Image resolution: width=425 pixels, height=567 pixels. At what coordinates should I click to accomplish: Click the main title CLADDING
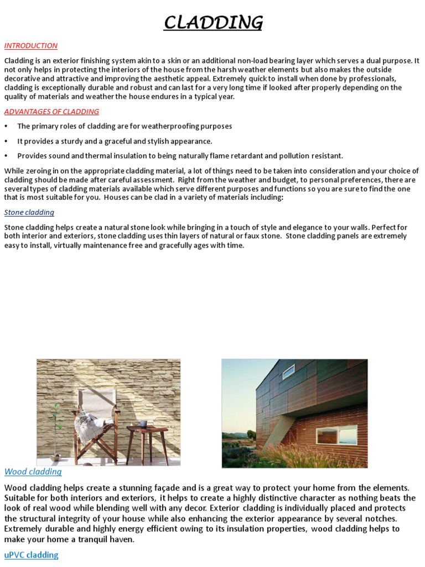pyautogui.click(x=213, y=23)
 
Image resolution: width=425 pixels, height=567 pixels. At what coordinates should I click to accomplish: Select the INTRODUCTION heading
pyautogui.click(x=30, y=46)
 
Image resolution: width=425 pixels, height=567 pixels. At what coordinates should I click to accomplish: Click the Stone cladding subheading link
pyautogui.click(x=29, y=212)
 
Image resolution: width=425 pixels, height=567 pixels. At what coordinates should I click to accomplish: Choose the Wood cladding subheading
pyautogui.click(x=33, y=472)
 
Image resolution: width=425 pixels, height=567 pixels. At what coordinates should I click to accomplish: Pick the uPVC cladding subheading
pyautogui.click(x=31, y=554)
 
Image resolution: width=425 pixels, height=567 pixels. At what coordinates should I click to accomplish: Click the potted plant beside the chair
pyautogui.click(x=55, y=432)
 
